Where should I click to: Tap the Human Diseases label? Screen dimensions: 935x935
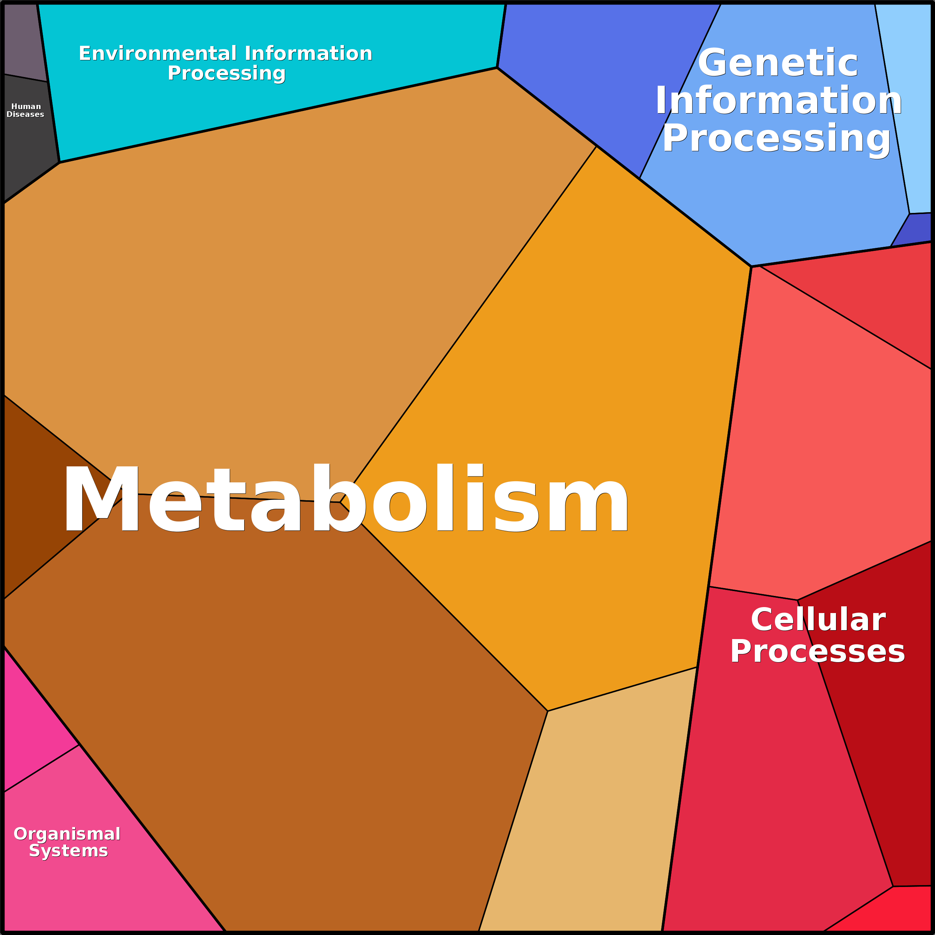pyautogui.click(x=26, y=110)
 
